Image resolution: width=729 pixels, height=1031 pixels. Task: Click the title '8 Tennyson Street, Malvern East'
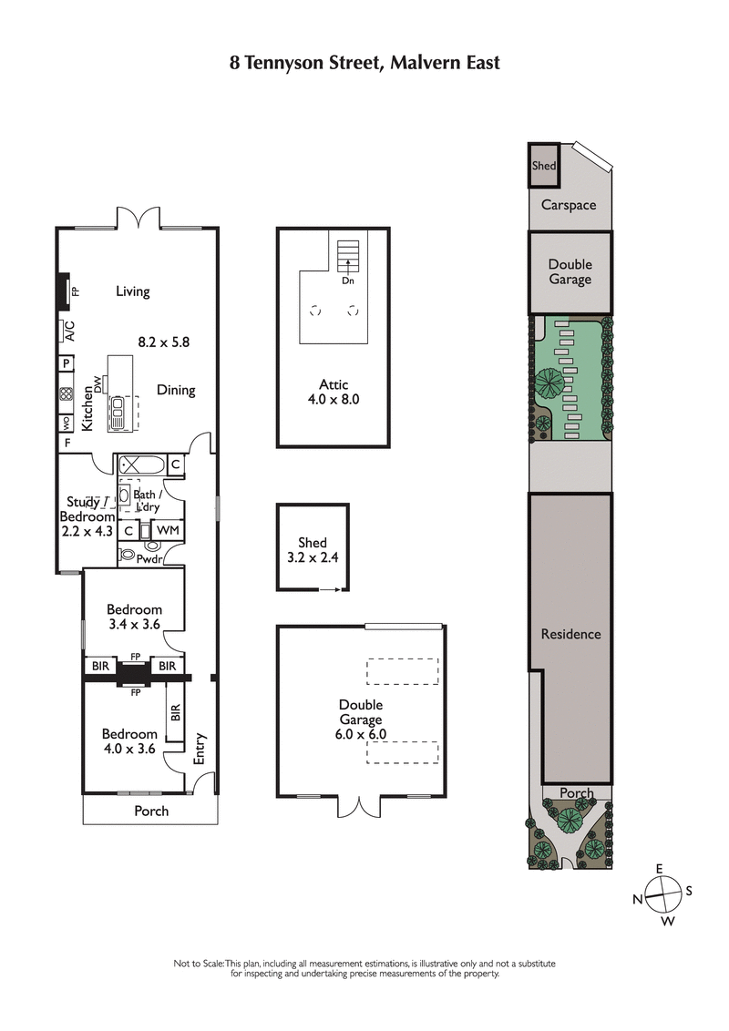(x=364, y=63)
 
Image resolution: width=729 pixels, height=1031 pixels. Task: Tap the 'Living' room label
(x=132, y=291)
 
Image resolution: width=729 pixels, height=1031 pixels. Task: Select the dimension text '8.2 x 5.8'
(x=163, y=342)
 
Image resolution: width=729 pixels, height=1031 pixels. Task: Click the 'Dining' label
(x=176, y=390)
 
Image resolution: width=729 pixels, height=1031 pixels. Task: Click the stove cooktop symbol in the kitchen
(x=67, y=394)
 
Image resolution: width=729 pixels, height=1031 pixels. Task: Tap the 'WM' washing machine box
(x=167, y=529)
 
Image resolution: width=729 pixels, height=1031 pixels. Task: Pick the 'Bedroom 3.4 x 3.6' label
(x=134, y=617)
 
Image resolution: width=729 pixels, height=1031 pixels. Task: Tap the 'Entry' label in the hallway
(x=200, y=748)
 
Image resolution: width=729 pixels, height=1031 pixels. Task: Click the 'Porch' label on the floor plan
(x=151, y=811)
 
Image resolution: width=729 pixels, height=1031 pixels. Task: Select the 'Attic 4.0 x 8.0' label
(x=334, y=392)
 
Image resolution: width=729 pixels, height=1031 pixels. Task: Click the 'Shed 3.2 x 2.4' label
(x=313, y=550)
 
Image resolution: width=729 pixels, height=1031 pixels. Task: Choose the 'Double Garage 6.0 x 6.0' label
(x=361, y=719)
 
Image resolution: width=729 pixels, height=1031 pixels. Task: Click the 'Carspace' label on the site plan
(x=569, y=205)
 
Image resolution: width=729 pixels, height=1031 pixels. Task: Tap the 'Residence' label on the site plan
(x=570, y=634)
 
